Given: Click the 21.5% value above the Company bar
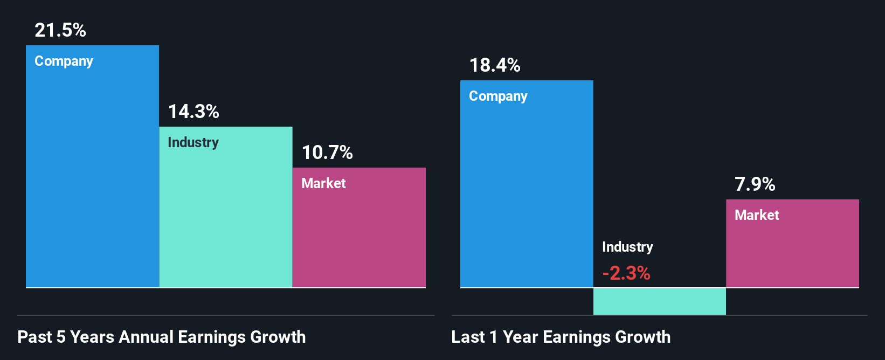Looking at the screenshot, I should [x=60, y=30].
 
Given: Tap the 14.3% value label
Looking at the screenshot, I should [x=193, y=112].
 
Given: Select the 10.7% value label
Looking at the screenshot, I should [x=327, y=153].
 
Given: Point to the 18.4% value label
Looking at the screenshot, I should [x=495, y=65].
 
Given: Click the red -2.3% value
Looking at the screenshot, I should [x=626, y=273].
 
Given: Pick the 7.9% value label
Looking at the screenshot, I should [x=755, y=184].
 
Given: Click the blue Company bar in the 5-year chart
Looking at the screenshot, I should [x=92, y=178].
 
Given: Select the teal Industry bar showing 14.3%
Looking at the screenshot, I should [x=226, y=216].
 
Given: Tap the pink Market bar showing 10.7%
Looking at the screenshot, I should [x=359, y=237].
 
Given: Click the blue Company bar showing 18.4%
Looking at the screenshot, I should [x=527, y=194].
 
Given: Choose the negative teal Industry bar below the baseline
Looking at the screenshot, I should [x=660, y=301].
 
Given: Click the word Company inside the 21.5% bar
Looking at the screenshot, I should [x=64, y=61].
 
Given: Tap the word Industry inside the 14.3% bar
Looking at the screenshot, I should [x=193, y=142].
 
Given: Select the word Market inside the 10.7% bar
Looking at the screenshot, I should [x=323, y=183].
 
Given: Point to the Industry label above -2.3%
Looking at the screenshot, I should [x=627, y=247].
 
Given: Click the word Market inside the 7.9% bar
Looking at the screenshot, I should [x=757, y=215].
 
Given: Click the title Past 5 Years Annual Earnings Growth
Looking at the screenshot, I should [x=162, y=337].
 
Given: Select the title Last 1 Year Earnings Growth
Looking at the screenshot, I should [x=561, y=337].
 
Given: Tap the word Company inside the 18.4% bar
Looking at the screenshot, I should [x=498, y=96].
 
